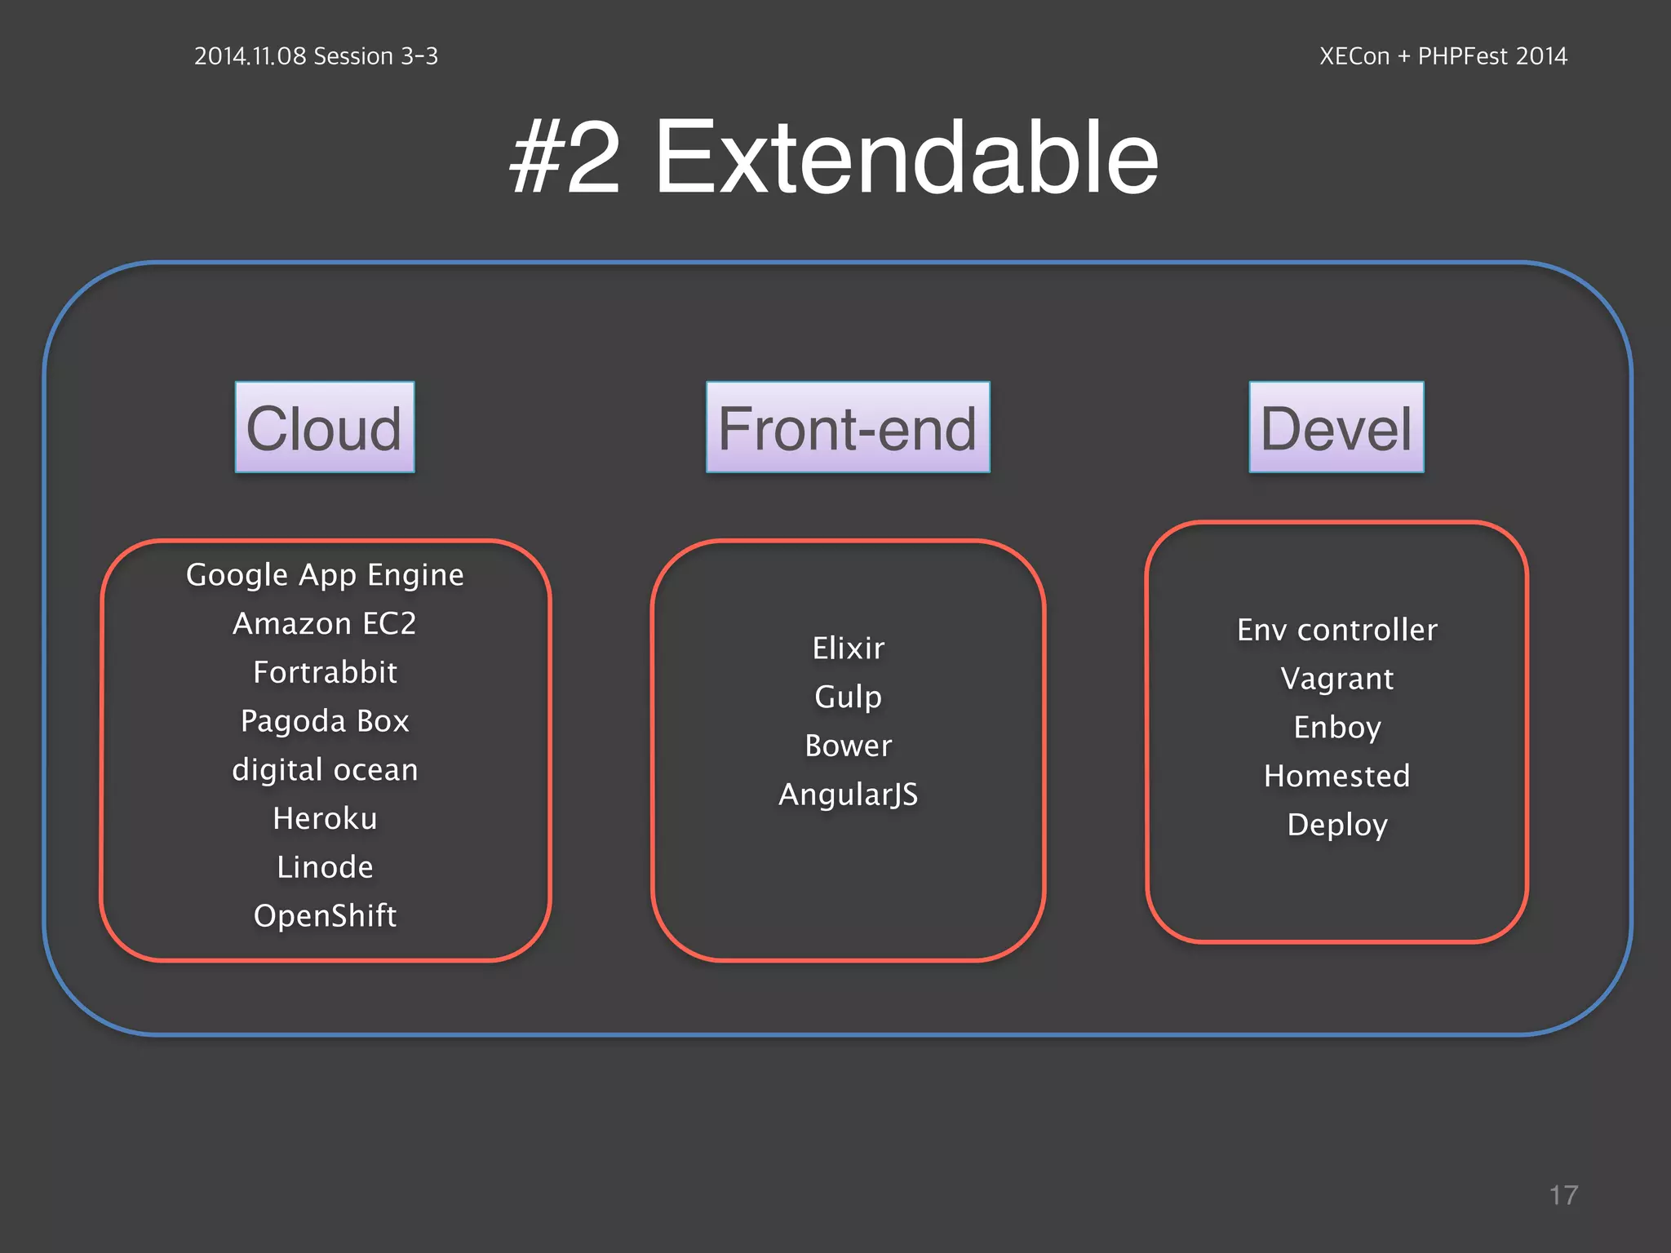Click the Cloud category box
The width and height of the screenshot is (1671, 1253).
pos(325,427)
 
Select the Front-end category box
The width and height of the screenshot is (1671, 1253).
pos(848,427)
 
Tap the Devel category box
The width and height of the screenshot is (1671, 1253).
pos(1336,427)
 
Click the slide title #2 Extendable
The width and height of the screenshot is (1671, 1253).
pos(834,157)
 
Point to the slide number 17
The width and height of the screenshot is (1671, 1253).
pos(1563,1195)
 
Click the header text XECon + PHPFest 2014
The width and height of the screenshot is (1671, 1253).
pos(1443,56)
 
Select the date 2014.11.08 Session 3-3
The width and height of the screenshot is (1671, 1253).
pos(316,56)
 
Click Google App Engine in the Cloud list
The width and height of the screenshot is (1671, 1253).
pos(325,575)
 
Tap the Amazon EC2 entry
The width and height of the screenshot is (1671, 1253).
pos(325,624)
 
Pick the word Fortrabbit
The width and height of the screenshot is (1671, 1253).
pos(325,673)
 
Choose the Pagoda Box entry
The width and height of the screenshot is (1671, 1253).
pos(325,722)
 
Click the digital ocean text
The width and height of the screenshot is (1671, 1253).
pos(325,770)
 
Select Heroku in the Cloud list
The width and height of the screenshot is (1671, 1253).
pos(325,818)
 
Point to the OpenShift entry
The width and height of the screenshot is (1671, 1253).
pos(325,916)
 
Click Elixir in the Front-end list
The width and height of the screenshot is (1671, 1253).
pos(848,649)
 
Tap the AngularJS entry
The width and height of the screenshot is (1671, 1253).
pos(848,795)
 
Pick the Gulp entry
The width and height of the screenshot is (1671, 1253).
pos(848,697)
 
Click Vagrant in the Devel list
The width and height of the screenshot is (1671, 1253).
pos(1336,679)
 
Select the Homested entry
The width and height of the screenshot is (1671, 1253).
pos(1336,776)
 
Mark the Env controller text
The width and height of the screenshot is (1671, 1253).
pos(1336,630)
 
